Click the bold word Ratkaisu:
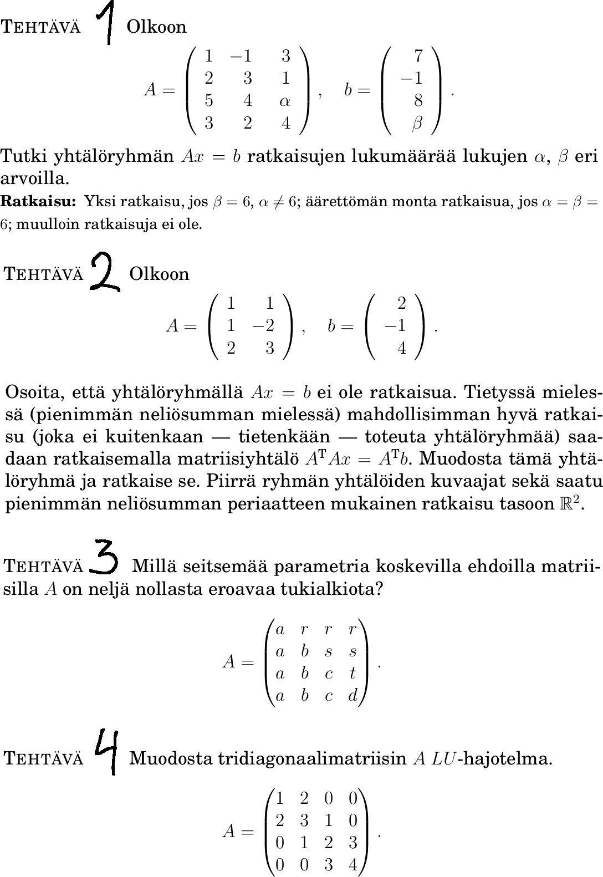pyautogui.click(x=38, y=201)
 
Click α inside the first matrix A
pyautogui.click(x=285, y=101)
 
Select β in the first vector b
pyautogui.click(x=417, y=123)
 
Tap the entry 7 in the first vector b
pyautogui.click(x=418, y=55)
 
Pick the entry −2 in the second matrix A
pyautogui.click(x=264, y=325)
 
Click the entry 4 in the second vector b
pyautogui.click(x=402, y=348)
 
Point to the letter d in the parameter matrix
pyautogui.click(x=353, y=696)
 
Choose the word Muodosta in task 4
pyautogui.click(x=170, y=758)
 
